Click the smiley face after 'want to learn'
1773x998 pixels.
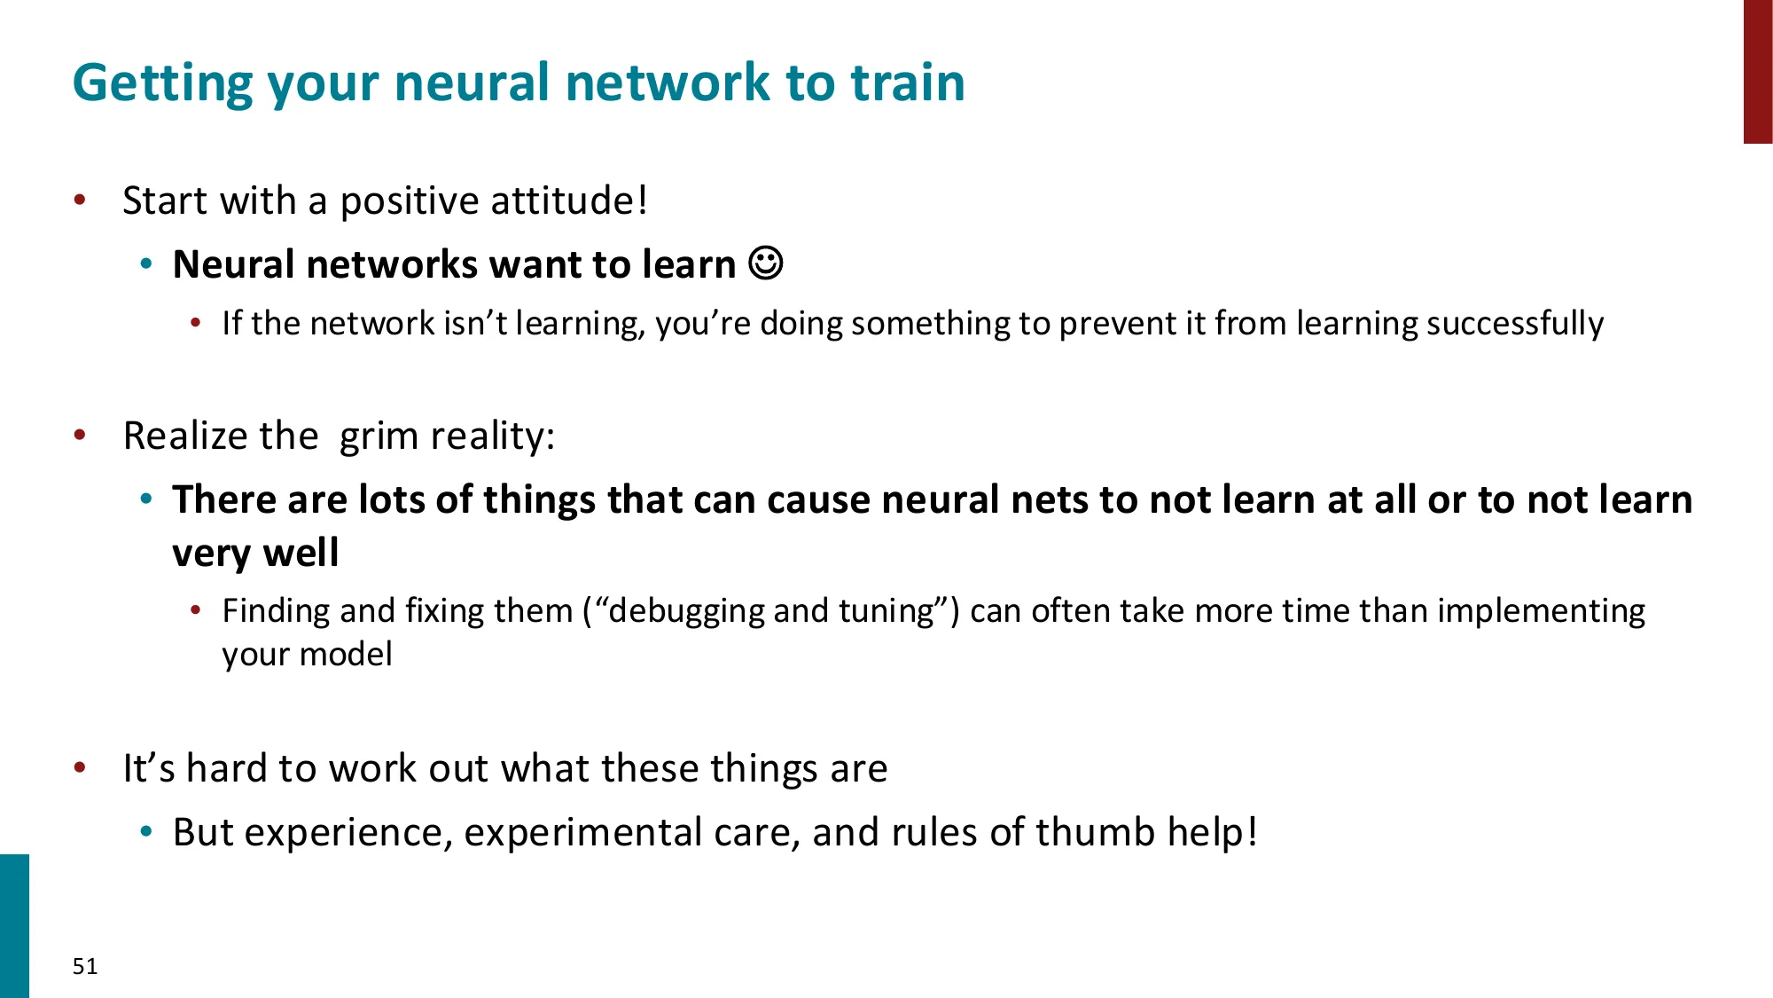[766, 263]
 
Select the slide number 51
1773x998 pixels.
[85, 966]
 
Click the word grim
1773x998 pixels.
[379, 436]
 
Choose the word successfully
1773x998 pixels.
[1515, 324]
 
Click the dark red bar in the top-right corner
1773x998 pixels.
[1758, 71]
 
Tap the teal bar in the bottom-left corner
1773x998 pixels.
[14, 926]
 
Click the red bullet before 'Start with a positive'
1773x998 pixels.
[80, 200]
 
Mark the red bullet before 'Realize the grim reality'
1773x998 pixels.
[80, 435]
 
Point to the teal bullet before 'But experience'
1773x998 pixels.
[147, 831]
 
